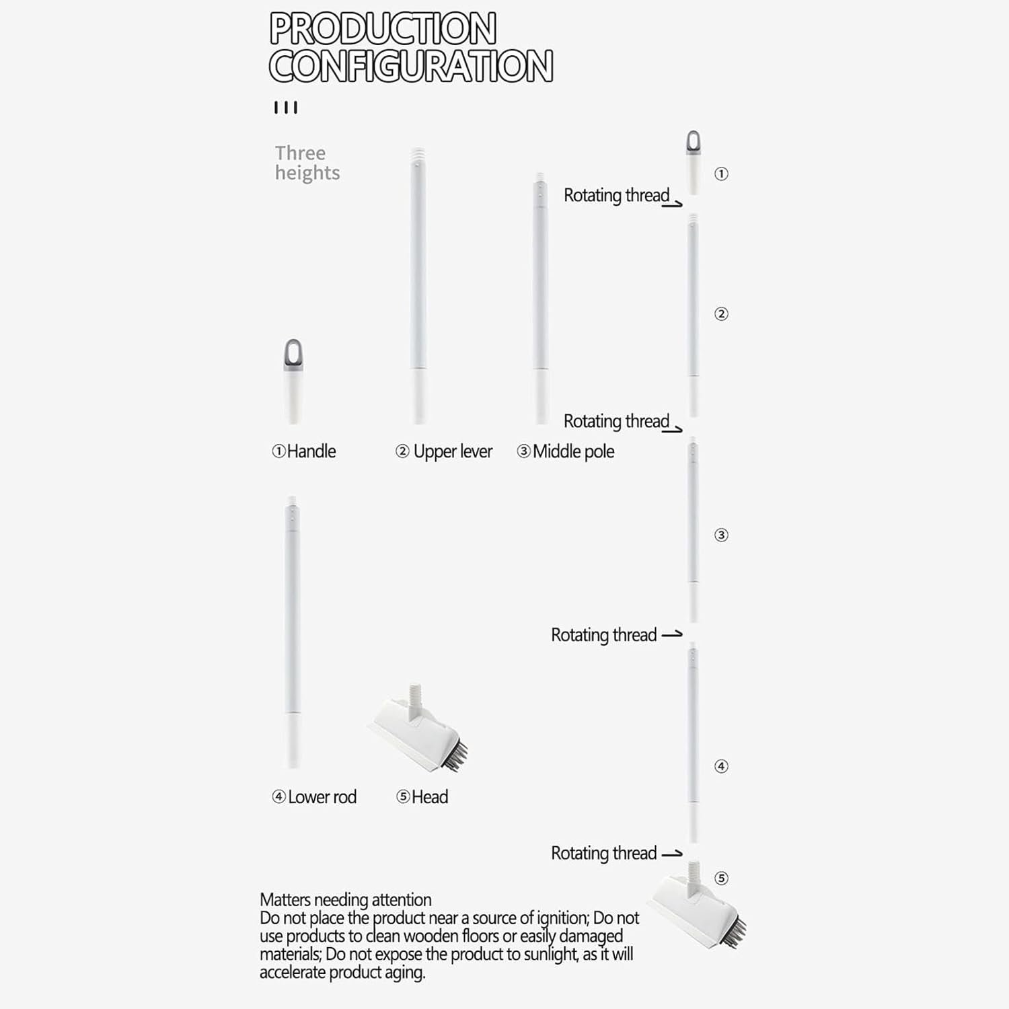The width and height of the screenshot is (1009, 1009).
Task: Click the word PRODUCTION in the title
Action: pos(382,29)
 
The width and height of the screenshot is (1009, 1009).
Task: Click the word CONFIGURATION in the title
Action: pos(410,66)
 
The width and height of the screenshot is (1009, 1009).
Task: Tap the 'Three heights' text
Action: pos(307,163)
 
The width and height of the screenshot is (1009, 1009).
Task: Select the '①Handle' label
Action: pos(303,451)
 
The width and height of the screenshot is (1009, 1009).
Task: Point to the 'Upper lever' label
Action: pos(452,451)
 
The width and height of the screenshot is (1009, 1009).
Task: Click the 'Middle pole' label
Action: pos(573,451)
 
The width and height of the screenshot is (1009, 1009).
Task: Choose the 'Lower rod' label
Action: pos(322,797)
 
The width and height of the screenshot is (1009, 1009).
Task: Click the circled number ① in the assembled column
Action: pos(721,174)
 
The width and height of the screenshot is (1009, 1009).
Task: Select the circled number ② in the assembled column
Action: pos(721,314)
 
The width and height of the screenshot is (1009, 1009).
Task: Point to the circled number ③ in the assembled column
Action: pos(721,535)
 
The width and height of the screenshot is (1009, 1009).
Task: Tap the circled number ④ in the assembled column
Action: pos(721,766)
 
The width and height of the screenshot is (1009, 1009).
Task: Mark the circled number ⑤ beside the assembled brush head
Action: pos(721,879)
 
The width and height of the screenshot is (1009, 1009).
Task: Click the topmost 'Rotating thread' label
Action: pos(616,195)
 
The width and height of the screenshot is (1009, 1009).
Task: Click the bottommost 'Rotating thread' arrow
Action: pos(672,854)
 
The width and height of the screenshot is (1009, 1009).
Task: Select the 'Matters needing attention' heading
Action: pos(345,900)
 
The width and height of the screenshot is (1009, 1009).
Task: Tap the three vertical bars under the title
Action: pos(285,108)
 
